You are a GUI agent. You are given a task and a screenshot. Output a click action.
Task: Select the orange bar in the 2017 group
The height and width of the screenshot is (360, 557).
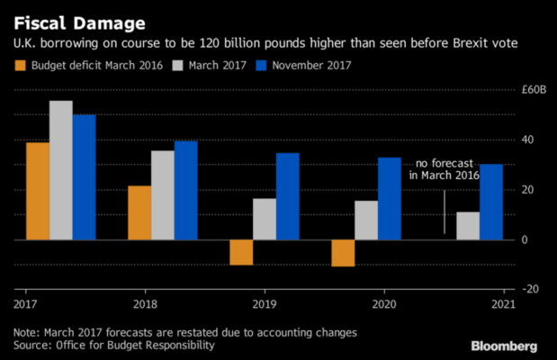(x=38, y=191)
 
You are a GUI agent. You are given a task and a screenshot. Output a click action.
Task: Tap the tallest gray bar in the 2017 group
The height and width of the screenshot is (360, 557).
(x=61, y=170)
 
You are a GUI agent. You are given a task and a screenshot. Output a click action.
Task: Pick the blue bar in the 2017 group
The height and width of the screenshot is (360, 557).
(x=85, y=177)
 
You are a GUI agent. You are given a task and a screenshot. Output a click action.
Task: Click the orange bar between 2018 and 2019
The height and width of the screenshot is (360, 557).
(x=139, y=212)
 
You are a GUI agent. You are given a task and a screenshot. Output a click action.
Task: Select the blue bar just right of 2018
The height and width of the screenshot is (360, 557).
(x=186, y=190)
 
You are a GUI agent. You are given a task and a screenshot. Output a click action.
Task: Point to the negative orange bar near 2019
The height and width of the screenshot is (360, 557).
(x=241, y=252)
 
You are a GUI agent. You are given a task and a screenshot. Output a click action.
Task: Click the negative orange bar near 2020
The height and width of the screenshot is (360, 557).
(x=343, y=253)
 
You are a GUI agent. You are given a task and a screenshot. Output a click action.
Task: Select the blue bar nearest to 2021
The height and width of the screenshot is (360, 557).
(x=491, y=202)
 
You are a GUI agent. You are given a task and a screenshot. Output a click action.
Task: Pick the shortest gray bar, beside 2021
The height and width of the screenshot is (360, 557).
(x=468, y=226)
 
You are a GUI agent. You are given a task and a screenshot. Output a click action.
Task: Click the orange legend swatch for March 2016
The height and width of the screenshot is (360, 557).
(x=20, y=64)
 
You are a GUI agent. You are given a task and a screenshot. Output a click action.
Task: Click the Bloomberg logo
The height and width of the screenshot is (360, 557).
(x=504, y=346)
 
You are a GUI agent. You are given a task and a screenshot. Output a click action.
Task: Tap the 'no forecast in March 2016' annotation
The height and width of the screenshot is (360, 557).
(x=446, y=169)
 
